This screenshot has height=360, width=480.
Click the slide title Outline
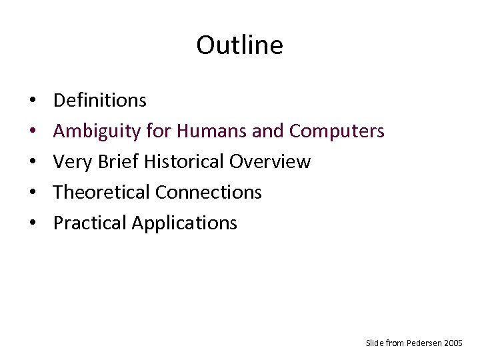[239, 45]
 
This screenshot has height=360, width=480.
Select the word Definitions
[99, 101]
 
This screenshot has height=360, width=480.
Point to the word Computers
[337, 131]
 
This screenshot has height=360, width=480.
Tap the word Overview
[270, 161]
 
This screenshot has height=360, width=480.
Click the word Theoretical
[101, 192]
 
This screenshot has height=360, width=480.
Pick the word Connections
[208, 192]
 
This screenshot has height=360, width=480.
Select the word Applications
[184, 223]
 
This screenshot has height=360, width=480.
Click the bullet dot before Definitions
[33, 101]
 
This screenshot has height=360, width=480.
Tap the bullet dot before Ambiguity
[33, 132]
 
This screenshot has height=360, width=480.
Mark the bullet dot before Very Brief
[33, 163]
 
